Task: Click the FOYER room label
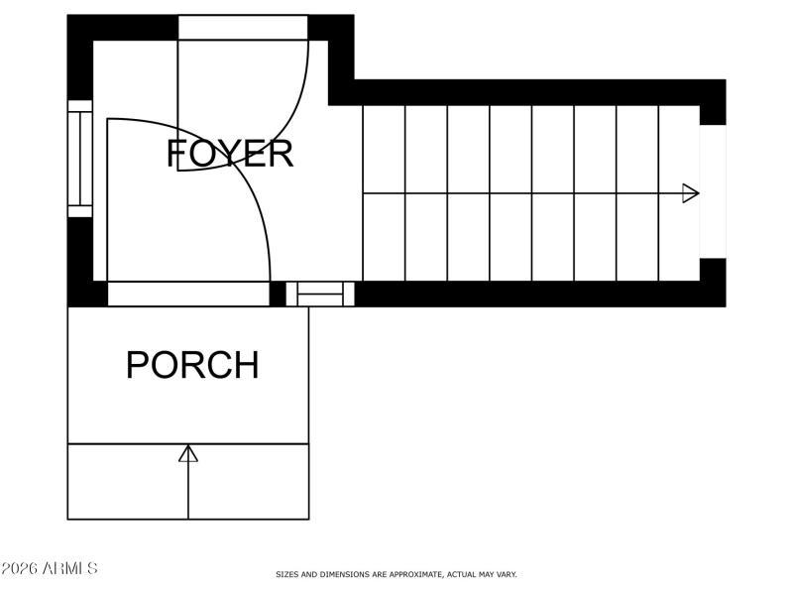(230, 154)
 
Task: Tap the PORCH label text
(192, 365)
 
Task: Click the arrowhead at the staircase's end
(691, 193)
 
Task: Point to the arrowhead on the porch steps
(188, 453)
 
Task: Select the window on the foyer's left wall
(79, 159)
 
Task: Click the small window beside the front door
(319, 294)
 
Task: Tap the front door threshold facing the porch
(188, 294)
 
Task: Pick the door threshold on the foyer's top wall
(243, 28)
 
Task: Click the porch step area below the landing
(188, 482)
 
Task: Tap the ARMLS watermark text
(50, 569)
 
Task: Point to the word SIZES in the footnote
(287, 574)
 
